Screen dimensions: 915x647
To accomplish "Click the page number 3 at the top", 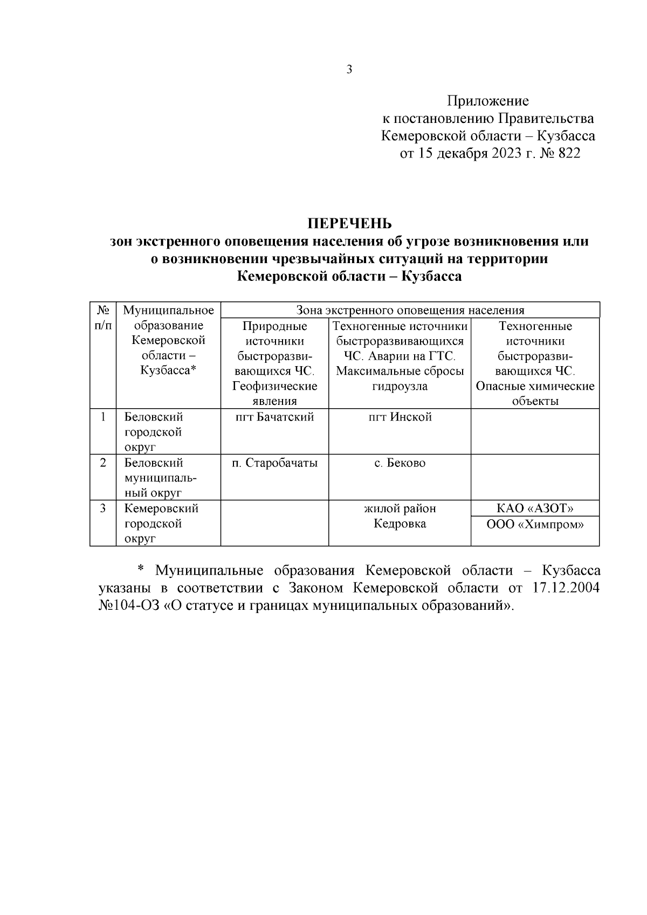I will [349, 70].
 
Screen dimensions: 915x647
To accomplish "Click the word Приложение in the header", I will [487, 101].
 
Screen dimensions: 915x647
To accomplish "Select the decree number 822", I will [568, 153].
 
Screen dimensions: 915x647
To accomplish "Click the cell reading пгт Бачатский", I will [274, 417].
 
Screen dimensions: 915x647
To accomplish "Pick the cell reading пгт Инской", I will [400, 417].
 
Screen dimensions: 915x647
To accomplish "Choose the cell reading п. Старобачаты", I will [274, 463].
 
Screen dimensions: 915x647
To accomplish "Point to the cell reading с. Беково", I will [400, 463].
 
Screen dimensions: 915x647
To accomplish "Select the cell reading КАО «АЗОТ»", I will [535, 508].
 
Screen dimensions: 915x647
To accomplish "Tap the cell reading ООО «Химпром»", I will [535, 524].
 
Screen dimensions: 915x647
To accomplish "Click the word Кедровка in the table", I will [400, 524].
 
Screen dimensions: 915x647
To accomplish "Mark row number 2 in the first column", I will [103, 463].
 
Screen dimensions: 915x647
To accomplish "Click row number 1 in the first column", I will [103, 417].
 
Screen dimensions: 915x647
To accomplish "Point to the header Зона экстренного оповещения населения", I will [410, 310].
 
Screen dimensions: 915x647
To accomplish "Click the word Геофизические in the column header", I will [274, 386].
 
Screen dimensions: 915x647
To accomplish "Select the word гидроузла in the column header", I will [400, 386].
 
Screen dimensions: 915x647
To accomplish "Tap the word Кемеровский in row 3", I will [161, 508].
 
